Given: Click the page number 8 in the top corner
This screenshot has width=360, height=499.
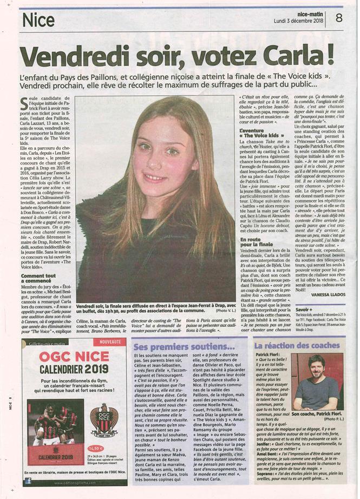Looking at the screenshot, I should point(339,17).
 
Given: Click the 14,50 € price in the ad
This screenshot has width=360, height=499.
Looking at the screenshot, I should point(95,447).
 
